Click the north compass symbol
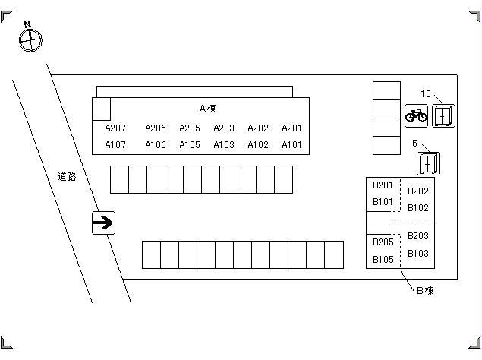coord(29,39)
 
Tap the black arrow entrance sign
coord(103,223)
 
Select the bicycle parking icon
coord(416,115)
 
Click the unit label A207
coord(115,128)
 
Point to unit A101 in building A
coord(291,145)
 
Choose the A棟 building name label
coord(208,109)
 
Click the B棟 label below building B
coord(424,290)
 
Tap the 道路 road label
coord(67,177)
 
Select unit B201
coord(383,185)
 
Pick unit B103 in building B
coord(418,254)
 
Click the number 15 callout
coord(426,94)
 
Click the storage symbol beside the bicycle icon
coord(443,115)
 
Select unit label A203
coord(224,128)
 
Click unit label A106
coord(156,145)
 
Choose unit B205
coord(383,242)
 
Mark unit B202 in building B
coord(418,191)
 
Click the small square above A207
coord(102,109)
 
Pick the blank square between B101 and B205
coord(377,223)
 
